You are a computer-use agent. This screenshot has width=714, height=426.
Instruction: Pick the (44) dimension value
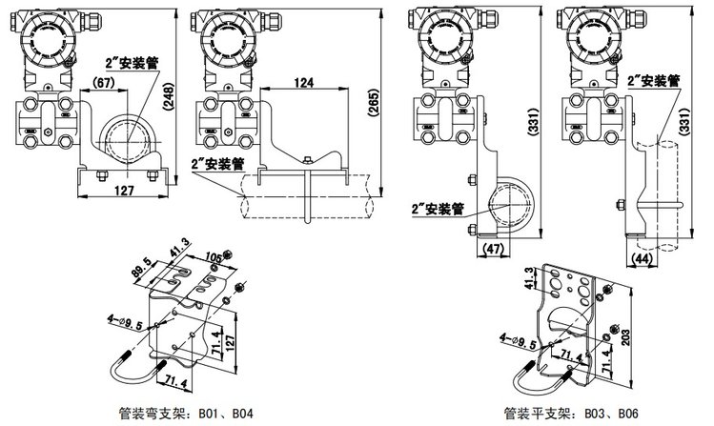point(641,258)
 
